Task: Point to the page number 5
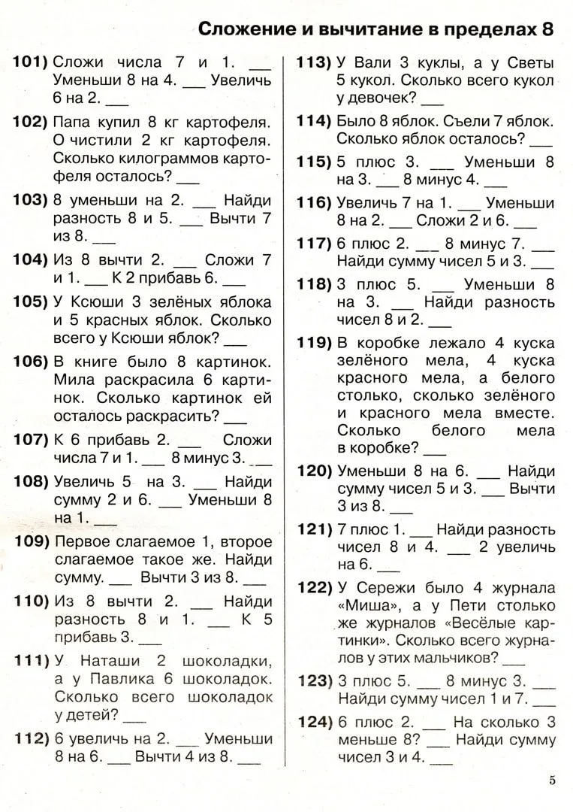point(553,780)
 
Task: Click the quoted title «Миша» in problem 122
point(363,604)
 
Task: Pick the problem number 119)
point(314,343)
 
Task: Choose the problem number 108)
point(30,480)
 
